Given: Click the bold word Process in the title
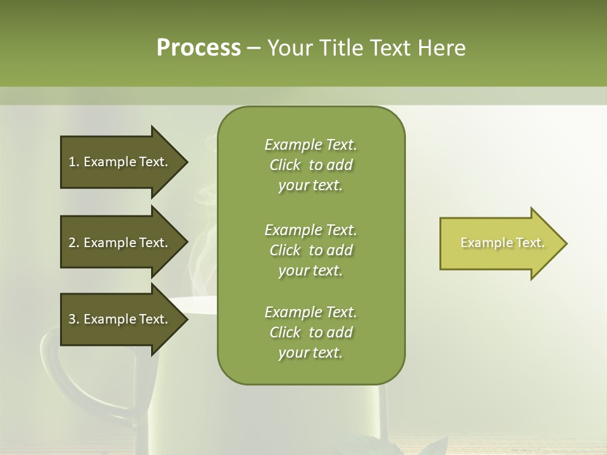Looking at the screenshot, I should click(199, 48).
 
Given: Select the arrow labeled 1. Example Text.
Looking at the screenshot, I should click(120, 162).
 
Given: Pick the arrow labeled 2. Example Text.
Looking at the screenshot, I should click(120, 243).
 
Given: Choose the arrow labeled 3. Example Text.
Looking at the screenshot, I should click(120, 319).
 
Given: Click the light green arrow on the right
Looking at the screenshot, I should click(500, 243).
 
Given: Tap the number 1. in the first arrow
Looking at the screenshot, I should click(74, 162).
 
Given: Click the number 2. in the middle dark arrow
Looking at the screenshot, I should click(74, 243).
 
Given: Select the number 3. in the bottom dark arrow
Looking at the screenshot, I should click(74, 319).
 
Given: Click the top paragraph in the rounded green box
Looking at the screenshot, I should click(310, 165).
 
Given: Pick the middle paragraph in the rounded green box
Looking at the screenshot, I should click(310, 250).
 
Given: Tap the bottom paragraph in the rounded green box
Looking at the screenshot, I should click(310, 332).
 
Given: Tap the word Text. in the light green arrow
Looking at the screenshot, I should click(530, 243).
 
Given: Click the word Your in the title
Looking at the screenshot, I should click(290, 48).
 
